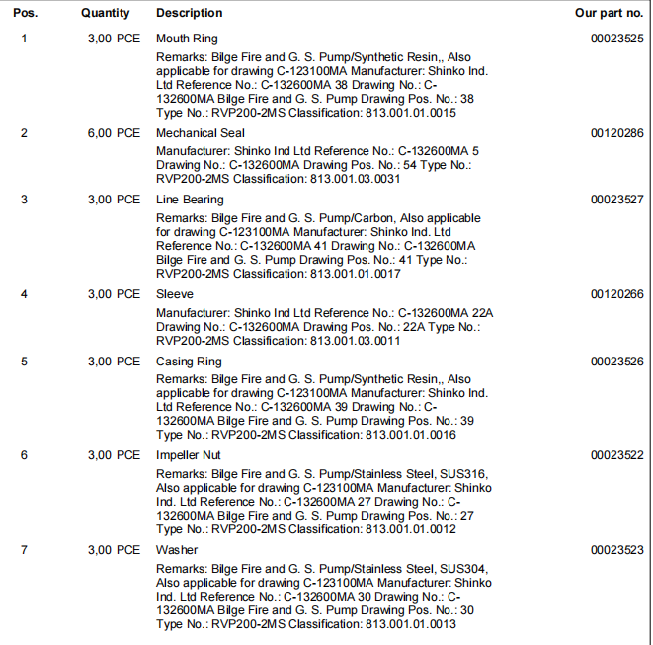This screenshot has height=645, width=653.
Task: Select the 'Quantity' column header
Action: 106,13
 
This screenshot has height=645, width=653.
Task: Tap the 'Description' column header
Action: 189,13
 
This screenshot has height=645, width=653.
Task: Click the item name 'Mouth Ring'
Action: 187,39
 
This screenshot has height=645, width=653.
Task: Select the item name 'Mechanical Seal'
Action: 202,133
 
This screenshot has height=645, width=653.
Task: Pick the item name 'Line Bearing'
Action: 190,200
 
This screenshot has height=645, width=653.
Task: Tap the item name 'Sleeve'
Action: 175,294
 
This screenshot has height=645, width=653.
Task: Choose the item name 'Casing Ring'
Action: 189,362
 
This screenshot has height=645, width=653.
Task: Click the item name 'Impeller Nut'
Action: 189,455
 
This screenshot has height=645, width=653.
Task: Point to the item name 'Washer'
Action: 177,550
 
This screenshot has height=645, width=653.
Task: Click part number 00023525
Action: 617,39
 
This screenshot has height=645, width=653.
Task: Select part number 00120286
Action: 617,133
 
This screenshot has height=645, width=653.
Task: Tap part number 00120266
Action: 617,294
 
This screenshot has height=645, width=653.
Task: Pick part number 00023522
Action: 617,455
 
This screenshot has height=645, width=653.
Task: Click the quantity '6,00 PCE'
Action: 114,133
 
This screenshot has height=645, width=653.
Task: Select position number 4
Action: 24,294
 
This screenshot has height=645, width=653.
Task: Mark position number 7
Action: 24,550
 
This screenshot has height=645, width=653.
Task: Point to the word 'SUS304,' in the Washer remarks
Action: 462,569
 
